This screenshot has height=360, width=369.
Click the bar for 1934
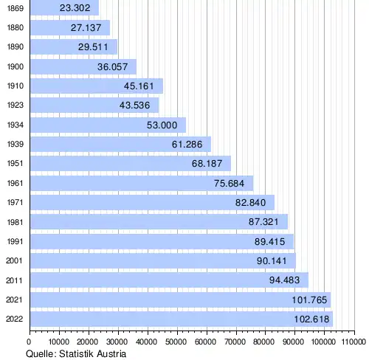[x=108, y=125]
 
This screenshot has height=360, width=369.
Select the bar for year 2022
[x=182, y=319]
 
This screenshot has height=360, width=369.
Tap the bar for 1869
[x=65, y=7]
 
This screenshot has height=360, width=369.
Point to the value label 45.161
[x=139, y=86]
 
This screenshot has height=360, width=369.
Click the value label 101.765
[x=309, y=300]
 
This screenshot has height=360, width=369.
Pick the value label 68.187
[x=207, y=164]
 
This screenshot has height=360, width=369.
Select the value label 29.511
[x=93, y=47]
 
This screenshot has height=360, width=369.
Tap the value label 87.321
[x=263, y=222]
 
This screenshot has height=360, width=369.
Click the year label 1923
[x=15, y=105]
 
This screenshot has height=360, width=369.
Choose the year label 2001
[x=14, y=260]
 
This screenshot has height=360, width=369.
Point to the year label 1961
[x=15, y=183]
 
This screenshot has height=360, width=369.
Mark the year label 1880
[x=15, y=27]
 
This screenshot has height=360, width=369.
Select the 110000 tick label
[x=354, y=342]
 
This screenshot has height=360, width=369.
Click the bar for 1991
[x=162, y=241]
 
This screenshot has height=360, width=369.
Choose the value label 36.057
[x=112, y=67]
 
